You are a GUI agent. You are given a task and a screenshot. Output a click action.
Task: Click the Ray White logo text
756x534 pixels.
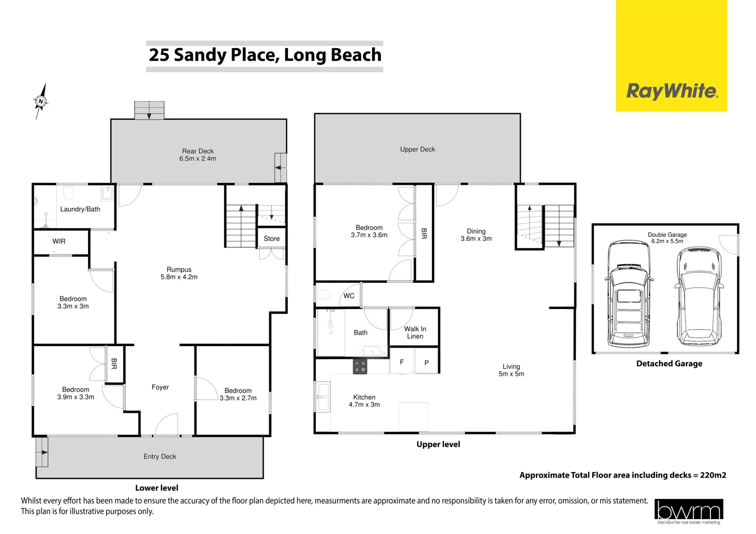coord(672,91)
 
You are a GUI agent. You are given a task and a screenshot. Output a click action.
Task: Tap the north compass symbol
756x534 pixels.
coord(41,101)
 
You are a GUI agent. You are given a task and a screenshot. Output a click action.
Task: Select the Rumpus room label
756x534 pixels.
coord(179,273)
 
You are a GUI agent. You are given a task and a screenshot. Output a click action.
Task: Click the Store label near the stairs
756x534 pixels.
coord(272,238)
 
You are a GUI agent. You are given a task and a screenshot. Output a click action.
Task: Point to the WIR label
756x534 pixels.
coord(59,241)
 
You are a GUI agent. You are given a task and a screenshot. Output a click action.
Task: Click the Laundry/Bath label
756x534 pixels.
coord(80,209)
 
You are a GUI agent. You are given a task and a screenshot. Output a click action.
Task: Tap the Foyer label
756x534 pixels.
coord(160,387)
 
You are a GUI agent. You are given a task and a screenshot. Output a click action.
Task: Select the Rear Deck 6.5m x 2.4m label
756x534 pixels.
coord(198,155)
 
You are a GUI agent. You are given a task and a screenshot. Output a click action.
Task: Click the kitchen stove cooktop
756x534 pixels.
coord(360,366)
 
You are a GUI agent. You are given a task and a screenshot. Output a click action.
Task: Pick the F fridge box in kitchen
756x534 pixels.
coord(402,362)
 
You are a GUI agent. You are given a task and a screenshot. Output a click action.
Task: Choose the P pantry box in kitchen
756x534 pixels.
coord(426,362)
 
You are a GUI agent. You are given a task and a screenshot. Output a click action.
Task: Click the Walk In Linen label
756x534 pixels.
coord(415,332)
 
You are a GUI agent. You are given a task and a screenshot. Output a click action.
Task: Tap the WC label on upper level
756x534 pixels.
coord(349,296)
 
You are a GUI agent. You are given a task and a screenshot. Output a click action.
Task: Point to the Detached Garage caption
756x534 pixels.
coord(669,363)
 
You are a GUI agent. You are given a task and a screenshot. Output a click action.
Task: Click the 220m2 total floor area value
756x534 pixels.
coord(713,475)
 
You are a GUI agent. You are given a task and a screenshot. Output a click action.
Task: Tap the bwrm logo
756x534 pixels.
coord(688,511)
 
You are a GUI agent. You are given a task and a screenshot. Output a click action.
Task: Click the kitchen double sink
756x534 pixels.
coord(323,397)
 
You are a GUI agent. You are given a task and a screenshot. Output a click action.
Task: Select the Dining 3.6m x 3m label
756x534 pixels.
coord(476,235)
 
